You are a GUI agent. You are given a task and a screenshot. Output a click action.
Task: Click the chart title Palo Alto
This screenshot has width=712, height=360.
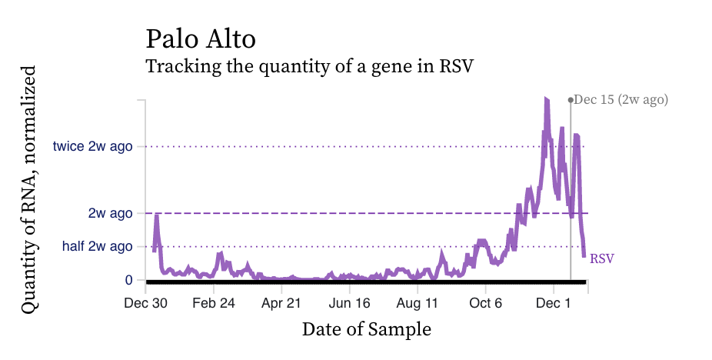201,38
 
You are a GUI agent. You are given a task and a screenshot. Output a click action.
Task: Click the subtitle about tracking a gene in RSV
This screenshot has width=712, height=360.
309,66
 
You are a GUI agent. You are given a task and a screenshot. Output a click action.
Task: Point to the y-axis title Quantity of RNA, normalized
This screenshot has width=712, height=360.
28,189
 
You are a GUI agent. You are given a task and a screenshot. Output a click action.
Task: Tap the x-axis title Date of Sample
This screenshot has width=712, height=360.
367,329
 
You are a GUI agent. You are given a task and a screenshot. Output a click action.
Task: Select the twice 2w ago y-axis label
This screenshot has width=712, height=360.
93,146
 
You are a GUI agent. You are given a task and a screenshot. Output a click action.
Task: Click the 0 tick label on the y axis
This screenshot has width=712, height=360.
129,280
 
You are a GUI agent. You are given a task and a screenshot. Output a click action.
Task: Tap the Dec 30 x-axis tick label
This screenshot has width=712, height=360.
146,303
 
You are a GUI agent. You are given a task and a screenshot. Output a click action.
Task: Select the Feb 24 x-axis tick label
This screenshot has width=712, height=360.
214,303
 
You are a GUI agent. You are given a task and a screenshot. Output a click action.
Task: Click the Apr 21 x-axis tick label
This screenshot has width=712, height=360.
281,303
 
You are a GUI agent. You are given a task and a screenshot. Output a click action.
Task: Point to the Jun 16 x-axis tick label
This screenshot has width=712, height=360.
349,303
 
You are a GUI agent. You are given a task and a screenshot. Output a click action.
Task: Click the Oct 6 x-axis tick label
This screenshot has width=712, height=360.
485,303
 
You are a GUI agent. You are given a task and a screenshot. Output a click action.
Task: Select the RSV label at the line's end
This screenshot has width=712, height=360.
602,259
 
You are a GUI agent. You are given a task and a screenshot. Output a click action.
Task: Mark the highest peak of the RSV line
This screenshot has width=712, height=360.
546,99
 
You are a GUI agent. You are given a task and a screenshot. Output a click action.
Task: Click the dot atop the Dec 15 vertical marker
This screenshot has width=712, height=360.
570,99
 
